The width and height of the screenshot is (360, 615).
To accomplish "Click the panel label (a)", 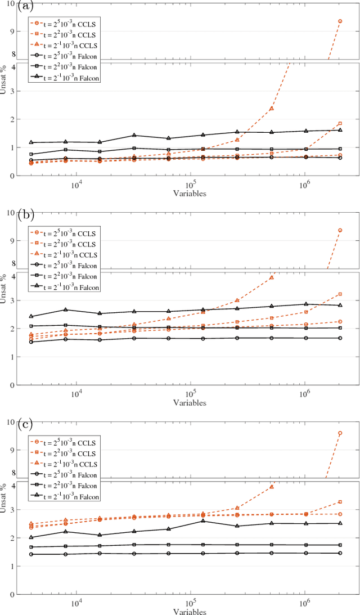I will coord(9,7).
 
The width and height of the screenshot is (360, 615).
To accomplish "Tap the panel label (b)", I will coord(9,214).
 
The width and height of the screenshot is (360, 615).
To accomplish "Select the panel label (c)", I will coord(9,423).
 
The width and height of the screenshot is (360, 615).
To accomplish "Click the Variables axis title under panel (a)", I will coord(190,193).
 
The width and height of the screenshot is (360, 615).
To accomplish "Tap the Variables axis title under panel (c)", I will coord(190,611).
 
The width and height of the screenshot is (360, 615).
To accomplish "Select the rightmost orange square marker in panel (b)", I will coord(340,294).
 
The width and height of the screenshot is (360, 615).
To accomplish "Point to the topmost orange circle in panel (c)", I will coord(340,433).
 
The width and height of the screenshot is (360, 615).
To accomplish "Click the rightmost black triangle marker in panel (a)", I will coord(340,130).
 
